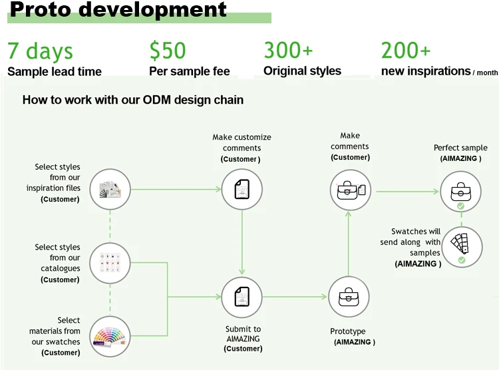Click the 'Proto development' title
point(118,11)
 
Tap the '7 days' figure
point(40,51)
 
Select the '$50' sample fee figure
point(167,51)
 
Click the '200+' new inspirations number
point(406,51)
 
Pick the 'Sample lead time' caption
point(55,72)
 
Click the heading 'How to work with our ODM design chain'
point(133,100)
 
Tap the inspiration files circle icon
point(110,190)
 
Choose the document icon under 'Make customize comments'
point(242,189)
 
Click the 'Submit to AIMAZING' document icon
point(242,297)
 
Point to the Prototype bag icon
point(349,297)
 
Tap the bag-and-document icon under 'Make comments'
point(350,190)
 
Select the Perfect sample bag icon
point(460,190)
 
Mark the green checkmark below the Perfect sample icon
point(460,207)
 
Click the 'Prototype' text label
point(348,331)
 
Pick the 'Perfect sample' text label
point(460,148)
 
